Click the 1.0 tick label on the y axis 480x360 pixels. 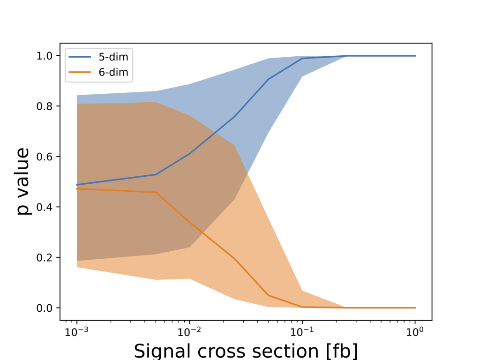tap(46, 56)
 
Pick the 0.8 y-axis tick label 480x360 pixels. tap(46, 106)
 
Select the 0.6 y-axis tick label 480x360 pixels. tap(46, 157)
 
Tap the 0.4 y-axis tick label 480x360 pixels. tap(46, 207)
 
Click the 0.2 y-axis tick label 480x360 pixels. tap(46, 258)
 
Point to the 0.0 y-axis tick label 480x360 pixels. tap(46, 308)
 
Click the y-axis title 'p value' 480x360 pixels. tap(24, 181)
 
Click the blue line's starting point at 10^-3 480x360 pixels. tap(77, 185)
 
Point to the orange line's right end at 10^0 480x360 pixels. tap(415, 307)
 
